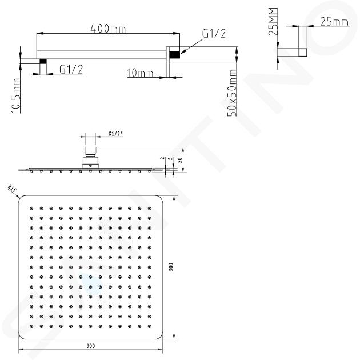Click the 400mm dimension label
tap(108, 29)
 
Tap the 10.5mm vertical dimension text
tap(16, 96)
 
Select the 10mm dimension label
tap(140, 73)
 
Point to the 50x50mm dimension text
tap(232, 93)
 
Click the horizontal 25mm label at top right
tap(334, 22)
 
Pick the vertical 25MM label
tap(273, 21)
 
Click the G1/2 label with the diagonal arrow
tap(214, 34)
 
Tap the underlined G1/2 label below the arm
tap(71, 69)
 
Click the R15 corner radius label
tap(12, 189)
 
